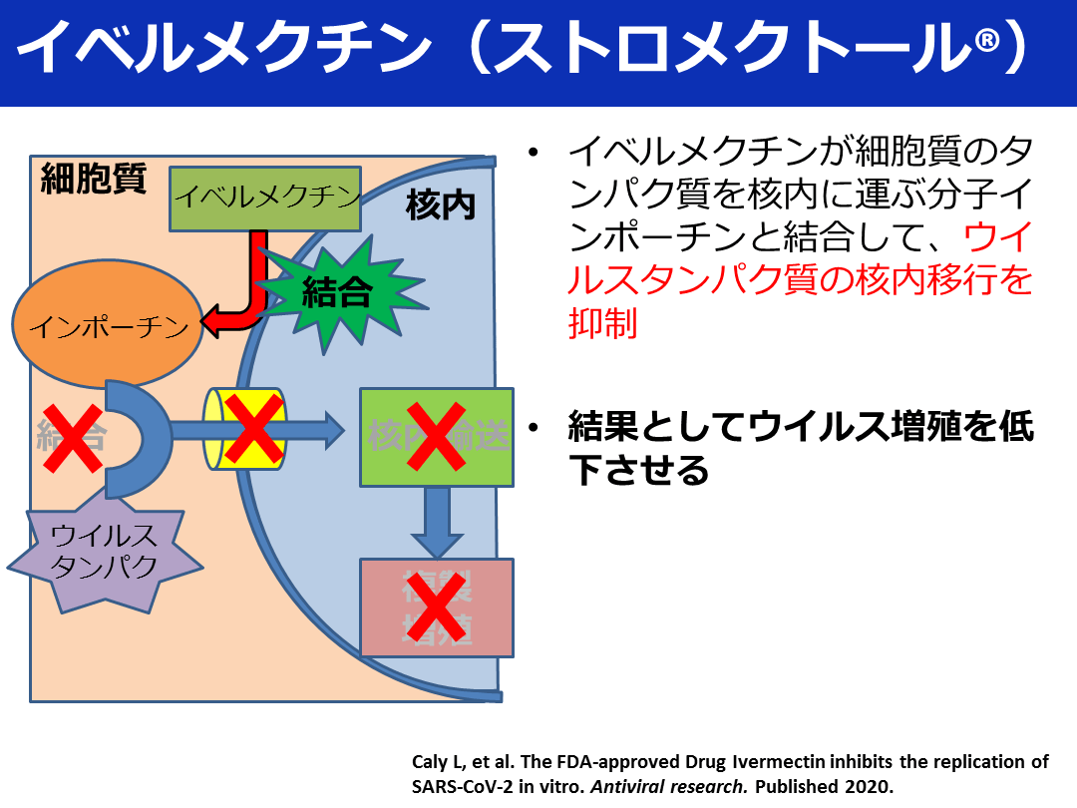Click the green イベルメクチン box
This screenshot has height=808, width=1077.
265,197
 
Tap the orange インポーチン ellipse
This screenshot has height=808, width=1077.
108,326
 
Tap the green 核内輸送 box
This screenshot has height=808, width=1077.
436,437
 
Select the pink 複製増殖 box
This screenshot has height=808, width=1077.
436,606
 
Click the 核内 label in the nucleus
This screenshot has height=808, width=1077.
440,206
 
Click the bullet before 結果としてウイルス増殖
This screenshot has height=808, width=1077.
536,428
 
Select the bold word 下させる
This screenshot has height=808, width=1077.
638,469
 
